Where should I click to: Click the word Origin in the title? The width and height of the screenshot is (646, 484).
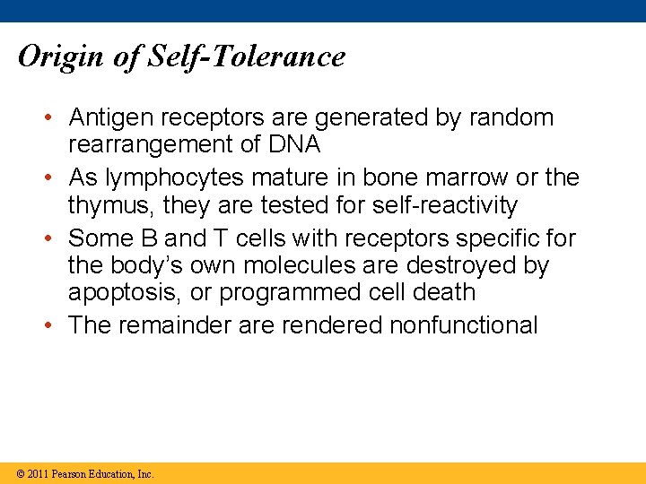click(59, 57)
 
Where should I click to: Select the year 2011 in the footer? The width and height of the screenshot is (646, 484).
click(37, 474)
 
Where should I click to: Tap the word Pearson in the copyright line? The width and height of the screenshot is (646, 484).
click(71, 474)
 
